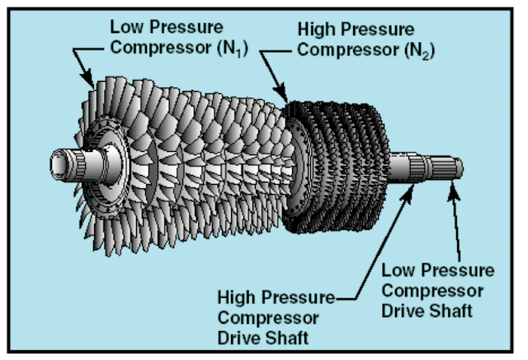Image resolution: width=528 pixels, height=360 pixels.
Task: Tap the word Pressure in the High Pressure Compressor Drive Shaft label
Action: [294, 296]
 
